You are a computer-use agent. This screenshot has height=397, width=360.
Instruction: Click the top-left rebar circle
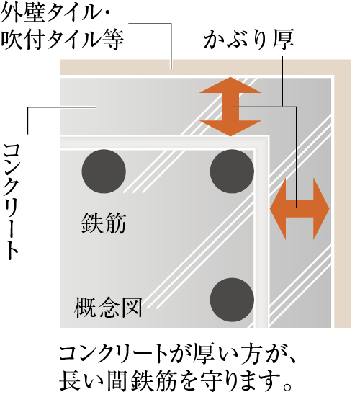tap(104, 171)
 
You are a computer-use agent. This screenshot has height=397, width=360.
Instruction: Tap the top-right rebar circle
tap(232, 171)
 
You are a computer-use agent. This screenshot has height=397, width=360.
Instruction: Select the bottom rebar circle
tap(232, 300)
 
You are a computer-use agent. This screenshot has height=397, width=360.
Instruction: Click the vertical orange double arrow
tap(230, 107)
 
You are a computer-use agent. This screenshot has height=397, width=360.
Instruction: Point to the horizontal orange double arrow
tap(300, 209)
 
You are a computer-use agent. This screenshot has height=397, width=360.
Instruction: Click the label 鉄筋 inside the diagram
tap(104, 223)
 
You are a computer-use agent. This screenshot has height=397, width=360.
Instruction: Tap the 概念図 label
tap(108, 308)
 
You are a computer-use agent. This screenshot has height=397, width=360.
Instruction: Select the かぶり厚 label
tap(249, 39)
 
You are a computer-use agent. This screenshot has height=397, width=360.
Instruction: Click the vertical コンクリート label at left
tap(11, 201)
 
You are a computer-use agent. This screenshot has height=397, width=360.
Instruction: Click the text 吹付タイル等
tap(62, 39)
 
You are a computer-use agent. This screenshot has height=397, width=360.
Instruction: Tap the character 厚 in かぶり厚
tap(284, 39)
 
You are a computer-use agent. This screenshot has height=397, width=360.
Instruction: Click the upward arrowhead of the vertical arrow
tap(230, 85)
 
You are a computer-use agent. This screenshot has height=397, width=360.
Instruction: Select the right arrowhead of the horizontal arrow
tap(321, 209)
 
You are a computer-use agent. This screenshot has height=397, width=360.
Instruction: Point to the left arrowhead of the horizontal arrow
tap(278, 209)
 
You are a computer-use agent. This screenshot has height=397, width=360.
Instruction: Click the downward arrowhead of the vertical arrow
tap(230, 128)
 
